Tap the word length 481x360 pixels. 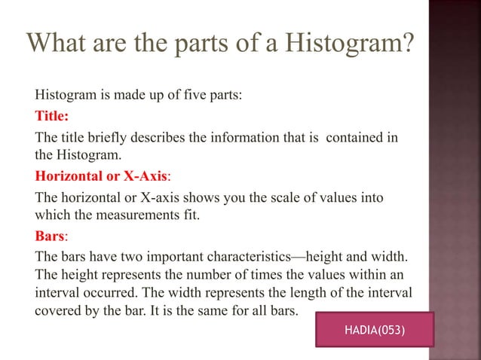point(316,291)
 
